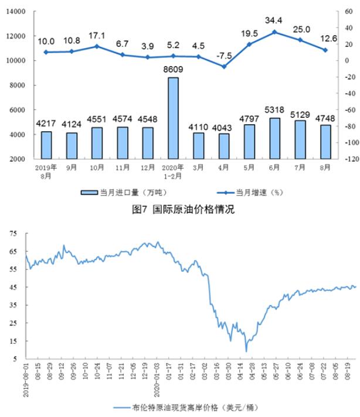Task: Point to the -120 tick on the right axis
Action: (349, 159)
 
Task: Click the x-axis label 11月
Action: (123, 166)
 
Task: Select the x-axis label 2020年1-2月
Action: (173, 170)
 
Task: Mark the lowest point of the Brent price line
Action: (246, 351)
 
